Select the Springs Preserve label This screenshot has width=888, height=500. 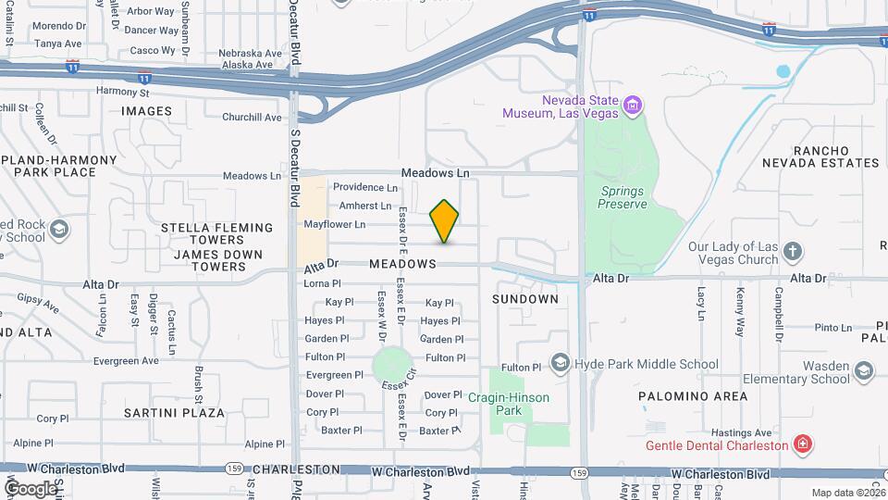[x=622, y=197]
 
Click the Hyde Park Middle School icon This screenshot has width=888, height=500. [x=560, y=363]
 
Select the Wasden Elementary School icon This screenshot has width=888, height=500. [x=863, y=371]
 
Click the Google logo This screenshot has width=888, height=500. [x=30, y=488]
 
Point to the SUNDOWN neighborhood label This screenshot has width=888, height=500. [x=525, y=299]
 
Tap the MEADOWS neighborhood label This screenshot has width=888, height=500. [x=402, y=264]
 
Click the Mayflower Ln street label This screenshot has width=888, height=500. [x=335, y=224]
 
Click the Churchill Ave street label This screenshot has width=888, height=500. [x=252, y=118]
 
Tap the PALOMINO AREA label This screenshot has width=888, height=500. [x=693, y=396]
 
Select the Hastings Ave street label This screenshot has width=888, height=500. [x=741, y=432]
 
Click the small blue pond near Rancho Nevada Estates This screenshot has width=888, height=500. [x=784, y=70]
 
